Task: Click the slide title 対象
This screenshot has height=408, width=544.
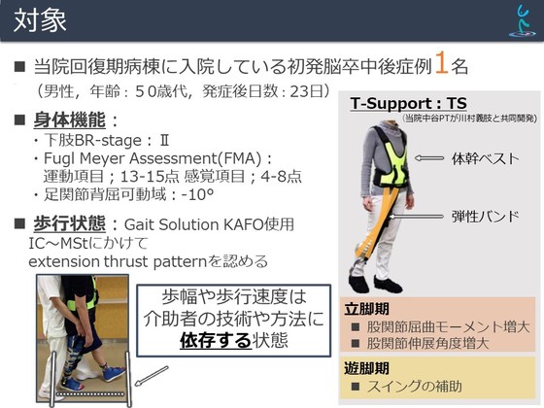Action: (40, 20)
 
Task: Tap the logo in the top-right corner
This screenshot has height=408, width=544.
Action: (523, 20)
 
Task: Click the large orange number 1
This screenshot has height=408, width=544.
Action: (442, 62)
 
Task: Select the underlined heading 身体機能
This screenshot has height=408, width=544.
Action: (69, 120)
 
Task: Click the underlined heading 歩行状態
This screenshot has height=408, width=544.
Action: (69, 223)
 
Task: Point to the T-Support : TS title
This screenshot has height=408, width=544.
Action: (408, 103)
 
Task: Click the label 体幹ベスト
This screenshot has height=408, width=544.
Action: (485, 158)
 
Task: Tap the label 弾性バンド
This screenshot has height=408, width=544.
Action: (485, 217)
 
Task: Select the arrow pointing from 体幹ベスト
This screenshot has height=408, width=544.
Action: (429, 158)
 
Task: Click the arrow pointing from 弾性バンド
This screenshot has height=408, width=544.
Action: (417, 217)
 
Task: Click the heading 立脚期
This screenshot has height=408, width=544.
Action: (366, 309)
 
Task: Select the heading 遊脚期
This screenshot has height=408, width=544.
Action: (366, 368)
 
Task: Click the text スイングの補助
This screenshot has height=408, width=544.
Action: (415, 386)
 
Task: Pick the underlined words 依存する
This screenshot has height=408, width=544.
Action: (215, 340)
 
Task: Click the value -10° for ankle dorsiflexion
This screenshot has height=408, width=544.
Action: (197, 194)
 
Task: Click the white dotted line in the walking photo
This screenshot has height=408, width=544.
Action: (89, 393)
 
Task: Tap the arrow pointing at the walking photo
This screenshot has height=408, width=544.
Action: (152, 376)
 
